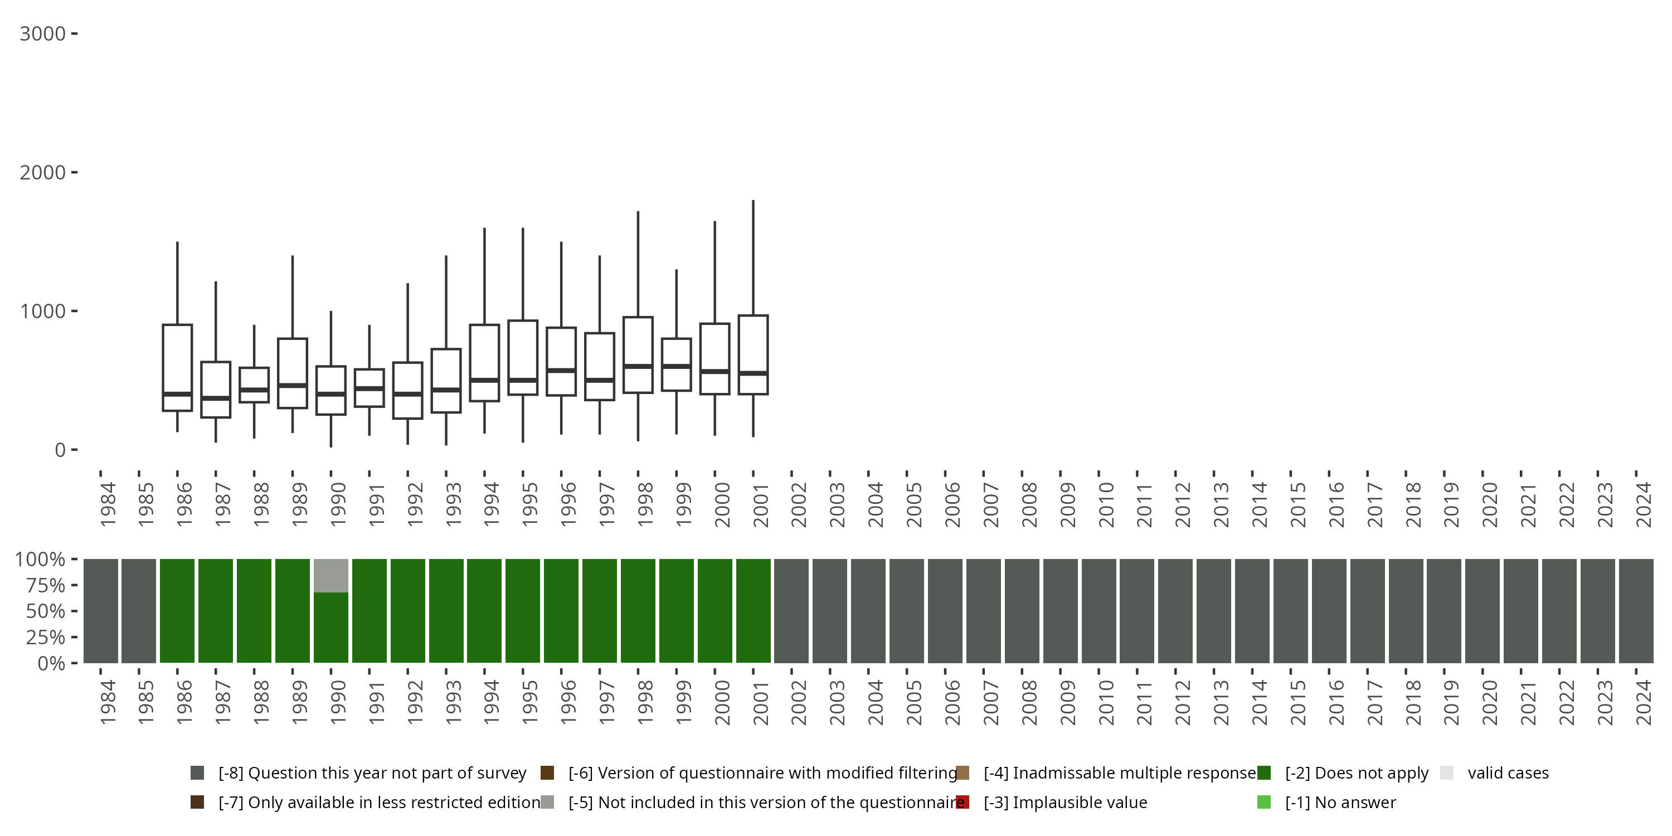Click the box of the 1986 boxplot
click(177, 367)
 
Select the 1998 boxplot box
click(638, 354)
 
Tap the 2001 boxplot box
click(753, 354)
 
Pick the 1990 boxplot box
click(331, 390)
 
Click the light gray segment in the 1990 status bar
click(331, 576)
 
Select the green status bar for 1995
click(523, 611)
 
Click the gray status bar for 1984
click(101, 611)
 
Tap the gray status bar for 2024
click(1636, 611)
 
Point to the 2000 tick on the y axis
click(74, 172)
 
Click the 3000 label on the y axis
click(42, 34)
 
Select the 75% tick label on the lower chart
click(46, 585)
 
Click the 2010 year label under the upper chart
click(1106, 505)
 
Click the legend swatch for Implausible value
click(963, 802)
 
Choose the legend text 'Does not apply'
click(1357, 773)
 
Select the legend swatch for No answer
click(1263, 802)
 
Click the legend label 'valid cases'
click(1508, 773)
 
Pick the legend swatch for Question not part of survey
click(197, 773)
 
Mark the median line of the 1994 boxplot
click(484, 380)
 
